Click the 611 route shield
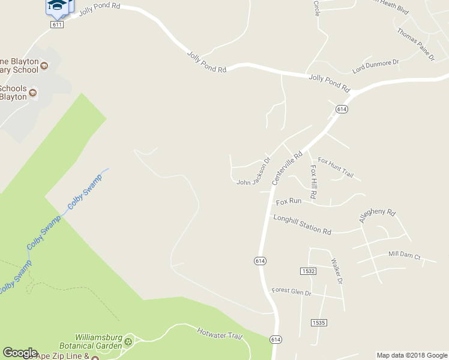57,25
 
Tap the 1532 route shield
309,271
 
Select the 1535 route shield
319,323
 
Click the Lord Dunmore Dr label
376,66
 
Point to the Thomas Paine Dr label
415,44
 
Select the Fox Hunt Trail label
336,169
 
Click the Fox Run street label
289,201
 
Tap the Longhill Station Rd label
303,224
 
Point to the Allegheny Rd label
378,216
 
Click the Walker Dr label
337,271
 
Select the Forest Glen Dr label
291,292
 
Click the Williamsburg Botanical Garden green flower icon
128,342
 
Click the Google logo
20,353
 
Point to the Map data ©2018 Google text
412,355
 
